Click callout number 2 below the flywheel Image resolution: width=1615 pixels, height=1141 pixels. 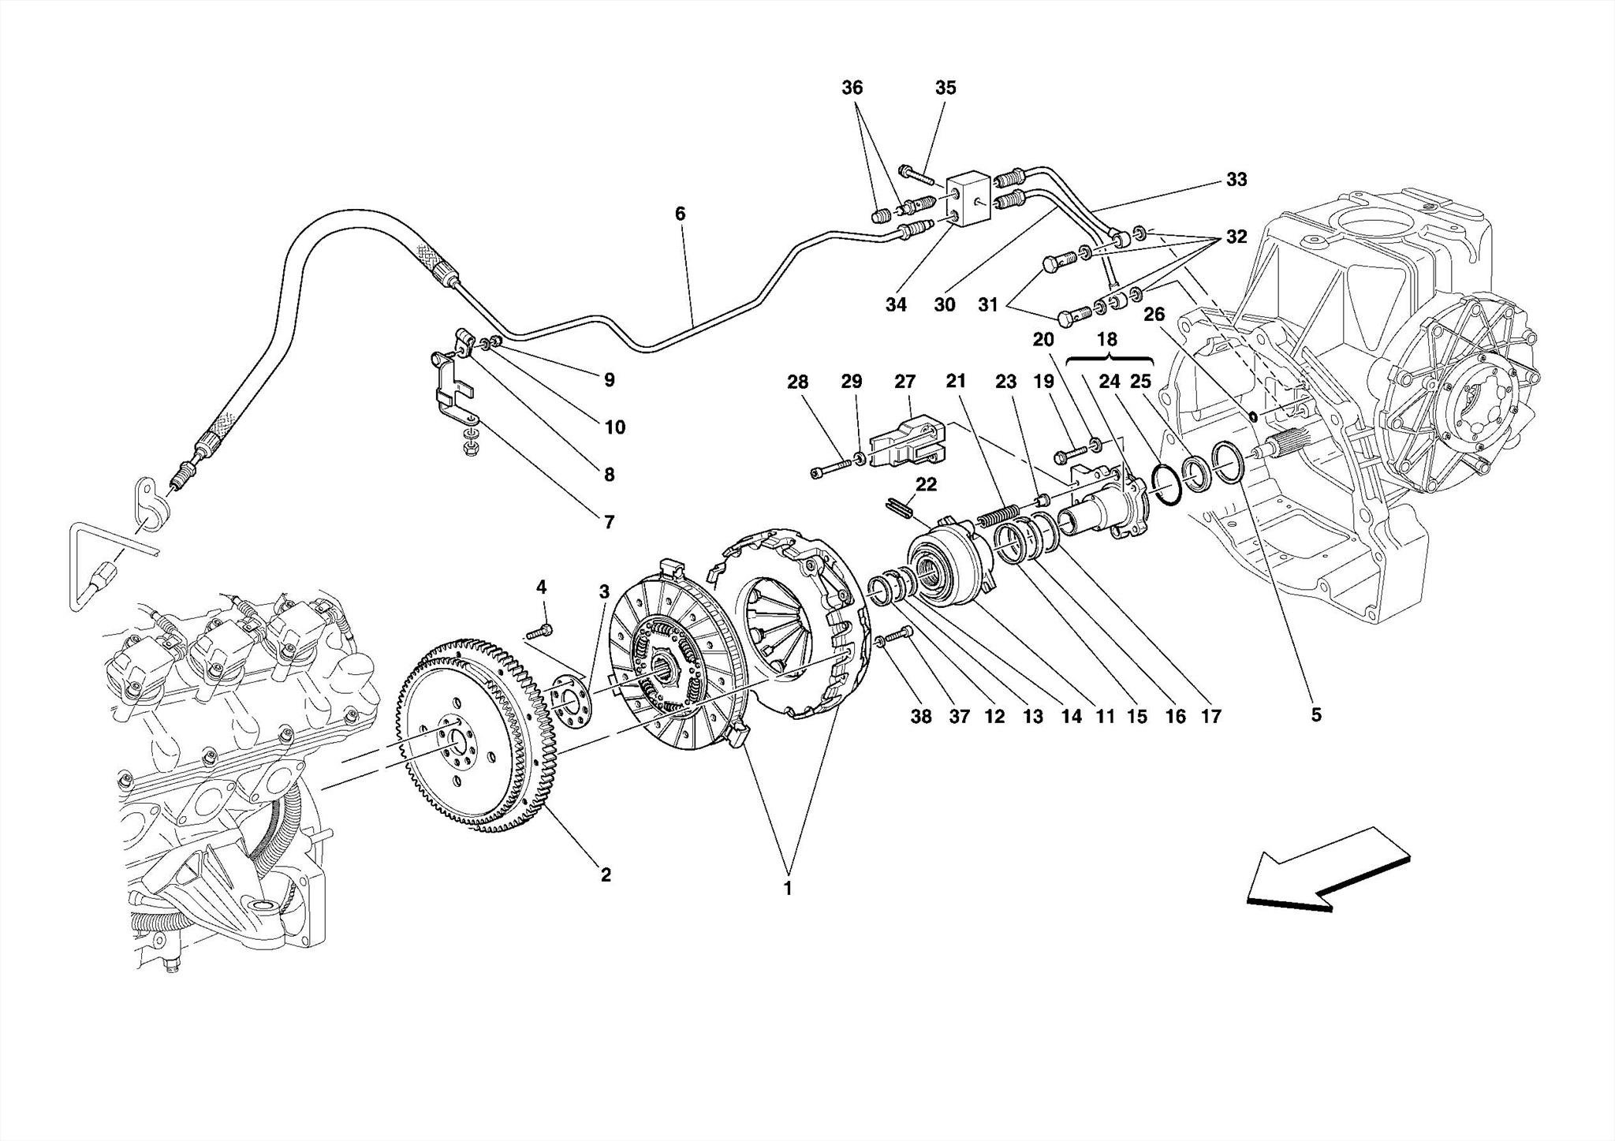pyautogui.click(x=605, y=875)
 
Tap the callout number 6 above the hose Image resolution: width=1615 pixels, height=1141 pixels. pyautogui.click(x=680, y=214)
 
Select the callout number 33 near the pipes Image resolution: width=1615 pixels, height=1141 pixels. pyautogui.click(x=1236, y=180)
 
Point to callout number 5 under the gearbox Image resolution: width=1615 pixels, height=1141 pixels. pyautogui.click(x=1315, y=715)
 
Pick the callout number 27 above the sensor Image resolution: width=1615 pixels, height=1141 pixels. pyautogui.click(x=904, y=382)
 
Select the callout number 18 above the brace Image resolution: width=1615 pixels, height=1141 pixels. pyautogui.click(x=1106, y=340)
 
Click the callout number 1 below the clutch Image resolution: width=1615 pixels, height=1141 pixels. pyautogui.click(x=787, y=889)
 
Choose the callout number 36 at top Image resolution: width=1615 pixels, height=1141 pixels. pyautogui.click(x=852, y=88)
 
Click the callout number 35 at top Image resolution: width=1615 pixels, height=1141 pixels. pyautogui.click(x=946, y=88)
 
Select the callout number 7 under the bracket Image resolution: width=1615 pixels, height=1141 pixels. pyautogui.click(x=609, y=521)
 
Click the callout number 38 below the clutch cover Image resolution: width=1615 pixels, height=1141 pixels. pyautogui.click(x=920, y=716)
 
